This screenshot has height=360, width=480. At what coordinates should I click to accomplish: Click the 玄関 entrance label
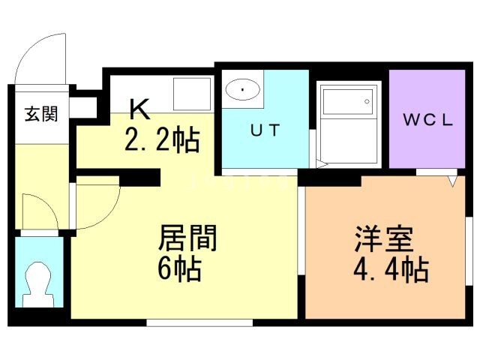(x=41, y=114)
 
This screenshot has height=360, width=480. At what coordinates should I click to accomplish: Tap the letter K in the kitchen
(x=139, y=109)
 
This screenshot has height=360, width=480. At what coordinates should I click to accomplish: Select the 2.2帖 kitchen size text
(x=162, y=140)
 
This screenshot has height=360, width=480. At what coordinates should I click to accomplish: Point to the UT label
(x=265, y=130)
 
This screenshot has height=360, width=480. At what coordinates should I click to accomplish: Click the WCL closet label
(x=427, y=120)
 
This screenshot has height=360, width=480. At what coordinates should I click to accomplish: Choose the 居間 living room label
(x=187, y=238)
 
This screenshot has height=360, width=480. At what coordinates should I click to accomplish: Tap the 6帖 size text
(x=180, y=269)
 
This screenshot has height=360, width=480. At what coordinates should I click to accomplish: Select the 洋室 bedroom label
(x=384, y=239)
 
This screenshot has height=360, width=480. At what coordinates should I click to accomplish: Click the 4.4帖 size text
(x=391, y=270)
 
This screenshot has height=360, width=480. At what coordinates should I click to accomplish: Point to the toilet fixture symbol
(x=38, y=285)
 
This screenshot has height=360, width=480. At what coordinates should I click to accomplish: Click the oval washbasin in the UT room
(x=243, y=89)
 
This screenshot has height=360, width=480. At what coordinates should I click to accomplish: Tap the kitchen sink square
(x=192, y=94)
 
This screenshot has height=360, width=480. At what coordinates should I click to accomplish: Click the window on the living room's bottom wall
(x=199, y=322)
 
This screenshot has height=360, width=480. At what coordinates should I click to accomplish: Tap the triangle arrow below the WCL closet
(x=452, y=181)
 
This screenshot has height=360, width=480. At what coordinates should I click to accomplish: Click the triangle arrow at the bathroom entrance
(x=322, y=164)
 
